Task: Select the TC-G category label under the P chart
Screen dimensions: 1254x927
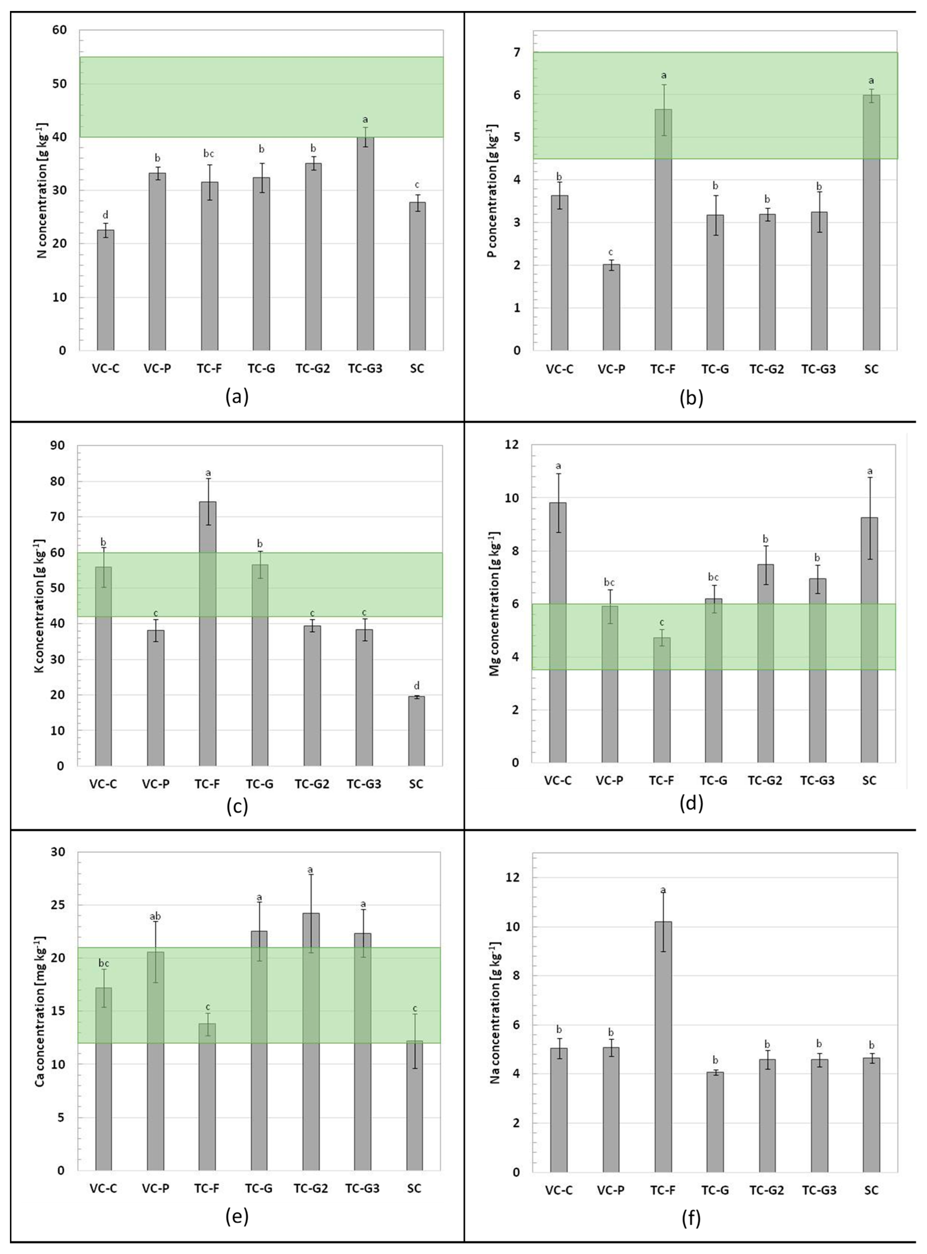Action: tap(715, 369)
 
